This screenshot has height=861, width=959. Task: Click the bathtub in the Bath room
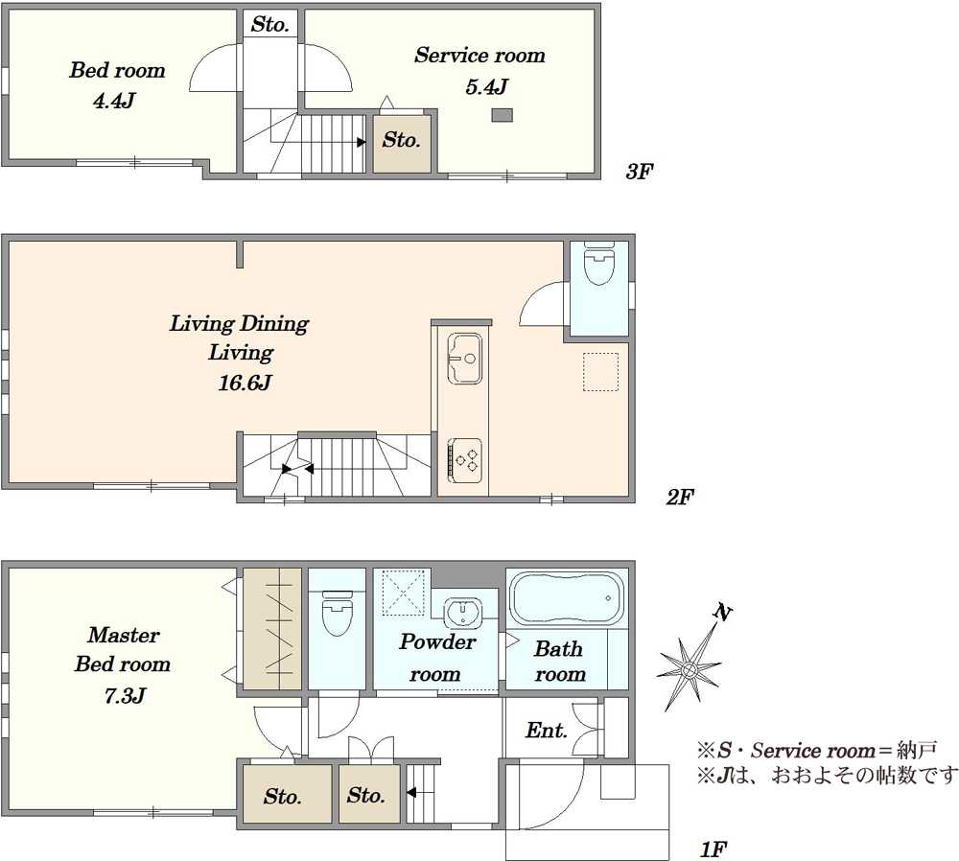click(x=567, y=598)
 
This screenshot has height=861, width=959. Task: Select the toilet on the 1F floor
click(x=337, y=612)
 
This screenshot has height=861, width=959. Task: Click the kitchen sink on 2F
click(x=464, y=359)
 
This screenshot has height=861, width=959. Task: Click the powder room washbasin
click(x=463, y=612)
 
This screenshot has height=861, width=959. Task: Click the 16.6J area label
click(x=245, y=384)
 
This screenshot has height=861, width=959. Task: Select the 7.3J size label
click(x=124, y=696)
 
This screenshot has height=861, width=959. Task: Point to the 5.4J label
click(x=486, y=87)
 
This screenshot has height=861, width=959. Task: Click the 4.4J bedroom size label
click(x=113, y=101)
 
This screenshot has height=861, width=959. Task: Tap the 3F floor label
click(x=639, y=172)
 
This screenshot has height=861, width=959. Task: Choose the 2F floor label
click(x=680, y=498)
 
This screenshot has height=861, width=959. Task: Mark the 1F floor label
click(x=713, y=849)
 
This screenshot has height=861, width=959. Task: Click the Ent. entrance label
click(x=547, y=731)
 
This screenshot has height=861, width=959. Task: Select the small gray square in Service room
click(x=503, y=115)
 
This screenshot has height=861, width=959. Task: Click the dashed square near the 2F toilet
click(x=600, y=372)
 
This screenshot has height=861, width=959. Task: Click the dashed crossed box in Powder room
click(x=403, y=593)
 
